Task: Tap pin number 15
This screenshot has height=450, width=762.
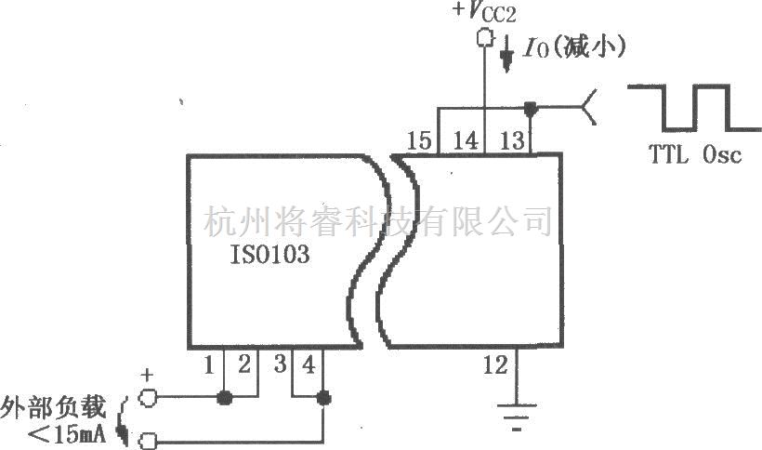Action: [420, 140]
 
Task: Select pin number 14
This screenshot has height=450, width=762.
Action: [466, 140]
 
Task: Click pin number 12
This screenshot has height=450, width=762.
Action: [496, 365]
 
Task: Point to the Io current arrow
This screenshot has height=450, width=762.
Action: [507, 57]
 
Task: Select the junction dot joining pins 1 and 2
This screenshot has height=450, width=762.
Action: [223, 399]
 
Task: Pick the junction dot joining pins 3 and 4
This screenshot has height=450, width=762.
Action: [323, 399]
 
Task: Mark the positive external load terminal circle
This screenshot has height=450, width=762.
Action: [146, 399]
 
